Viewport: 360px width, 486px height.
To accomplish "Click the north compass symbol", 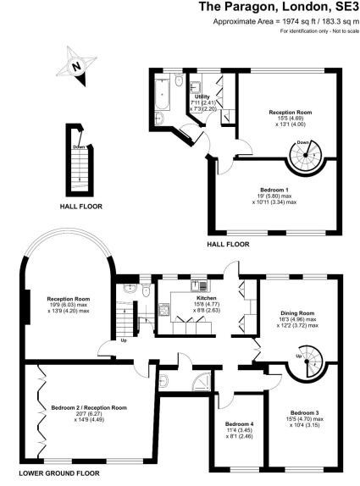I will pyautogui.click(x=77, y=66).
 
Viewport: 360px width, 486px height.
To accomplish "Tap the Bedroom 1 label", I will pyautogui.click(x=274, y=190).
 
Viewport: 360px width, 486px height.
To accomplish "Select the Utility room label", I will pyautogui.click(x=202, y=97).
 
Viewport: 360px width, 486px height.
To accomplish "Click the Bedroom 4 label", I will pyautogui.click(x=239, y=423).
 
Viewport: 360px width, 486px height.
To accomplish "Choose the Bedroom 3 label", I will pyautogui.click(x=304, y=413).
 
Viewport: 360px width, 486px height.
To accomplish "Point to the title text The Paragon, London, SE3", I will pyautogui.click(x=279, y=8).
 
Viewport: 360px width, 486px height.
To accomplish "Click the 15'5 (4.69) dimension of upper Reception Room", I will pyautogui.click(x=291, y=118).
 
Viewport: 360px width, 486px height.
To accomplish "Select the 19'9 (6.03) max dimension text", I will pyautogui.click(x=69, y=305).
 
